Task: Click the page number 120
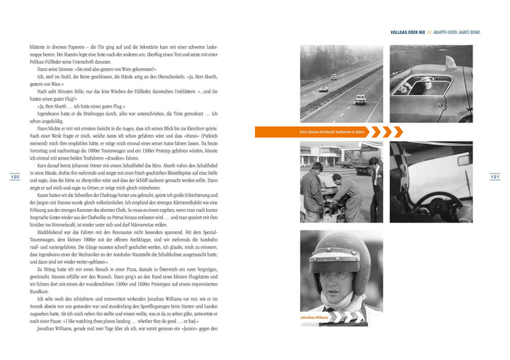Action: point(15,176)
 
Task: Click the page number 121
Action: point(495,176)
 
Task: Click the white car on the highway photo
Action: point(361,99)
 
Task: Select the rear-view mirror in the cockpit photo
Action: point(463,160)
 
